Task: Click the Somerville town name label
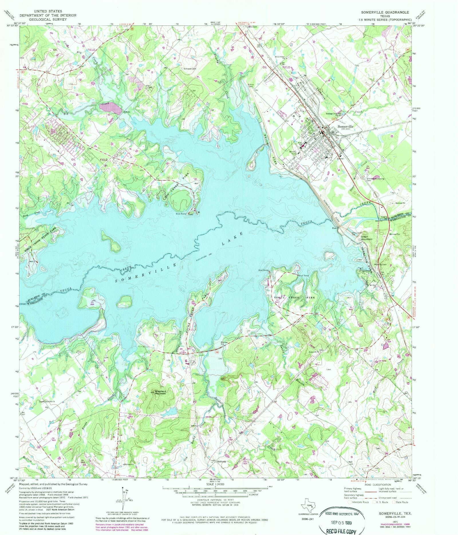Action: pos(346,126)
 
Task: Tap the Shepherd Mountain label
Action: pos(160,392)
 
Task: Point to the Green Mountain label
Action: pos(366,238)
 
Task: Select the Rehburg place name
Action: pos(221,461)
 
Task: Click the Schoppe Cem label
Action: pos(190,69)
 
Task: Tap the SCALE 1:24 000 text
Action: pos(215,484)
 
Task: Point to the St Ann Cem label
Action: pos(251,85)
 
